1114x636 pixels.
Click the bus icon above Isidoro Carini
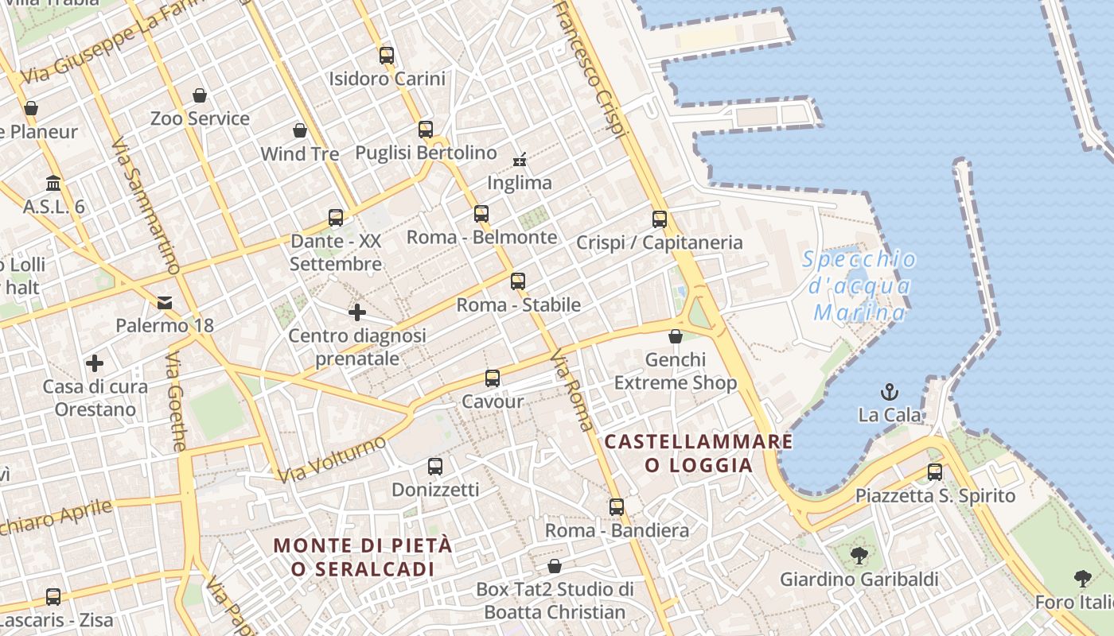click(x=387, y=56)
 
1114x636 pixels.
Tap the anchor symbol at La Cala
click(x=890, y=392)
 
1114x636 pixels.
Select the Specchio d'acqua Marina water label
click(x=859, y=285)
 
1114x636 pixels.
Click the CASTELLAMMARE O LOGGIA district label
click(x=699, y=453)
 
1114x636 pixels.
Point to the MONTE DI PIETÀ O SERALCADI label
click(x=363, y=557)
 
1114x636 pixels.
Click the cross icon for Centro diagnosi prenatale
click(x=357, y=312)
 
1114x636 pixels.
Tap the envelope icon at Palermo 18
click(x=165, y=302)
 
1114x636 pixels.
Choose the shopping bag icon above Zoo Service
click(x=200, y=95)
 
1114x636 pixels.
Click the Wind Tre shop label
click(x=300, y=153)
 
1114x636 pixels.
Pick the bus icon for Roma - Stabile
click(x=518, y=281)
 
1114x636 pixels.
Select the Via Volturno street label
click(x=333, y=460)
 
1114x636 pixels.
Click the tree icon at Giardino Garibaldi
click(x=859, y=556)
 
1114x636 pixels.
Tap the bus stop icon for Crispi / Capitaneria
click(x=660, y=219)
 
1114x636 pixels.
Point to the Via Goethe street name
click(x=176, y=402)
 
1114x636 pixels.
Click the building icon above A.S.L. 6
click(x=53, y=184)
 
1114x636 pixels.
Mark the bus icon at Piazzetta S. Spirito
click(x=935, y=472)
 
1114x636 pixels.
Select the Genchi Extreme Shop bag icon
click(x=676, y=336)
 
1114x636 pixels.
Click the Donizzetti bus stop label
click(x=435, y=490)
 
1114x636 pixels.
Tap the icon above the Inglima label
click(x=520, y=160)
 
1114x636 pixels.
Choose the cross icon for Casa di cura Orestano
click(x=95, y=364)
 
